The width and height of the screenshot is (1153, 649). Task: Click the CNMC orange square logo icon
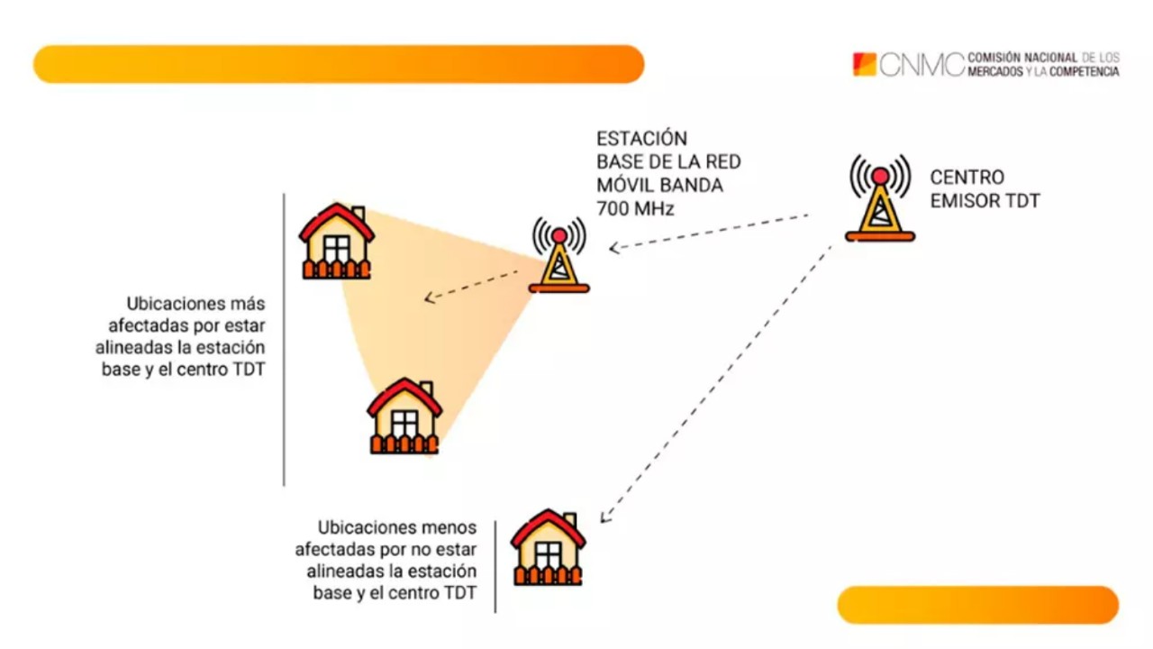pyautogui.click(x=864, y=64)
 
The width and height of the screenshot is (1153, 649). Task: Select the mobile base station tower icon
pyautogui.click(x=559, y=256)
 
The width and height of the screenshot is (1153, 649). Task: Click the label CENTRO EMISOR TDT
pyautogui.click(x=984, y=189)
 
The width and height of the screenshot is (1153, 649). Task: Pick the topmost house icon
pyautogui.click(x=337, y=242)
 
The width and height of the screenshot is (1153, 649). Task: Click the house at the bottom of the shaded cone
pyautogui.click(x=404, y=416)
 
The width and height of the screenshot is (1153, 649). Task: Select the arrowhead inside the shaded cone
pyautogui.click(x=429, y=297)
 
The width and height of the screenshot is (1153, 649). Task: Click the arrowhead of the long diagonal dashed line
pyautogui.click(x=604, y=516)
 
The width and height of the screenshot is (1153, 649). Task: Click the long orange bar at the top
pyautogui.click(x=339, y=64)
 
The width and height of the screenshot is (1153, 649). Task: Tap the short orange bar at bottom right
pyautogui.click(x=977, y=605)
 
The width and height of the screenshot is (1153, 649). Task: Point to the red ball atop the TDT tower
pyautogui.click(x=880, y=176)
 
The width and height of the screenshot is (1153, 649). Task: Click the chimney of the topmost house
pyautogui.click(x=359, y=214)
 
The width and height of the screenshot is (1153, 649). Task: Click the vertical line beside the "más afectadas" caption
pyautogui.click(x=284, y=339)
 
